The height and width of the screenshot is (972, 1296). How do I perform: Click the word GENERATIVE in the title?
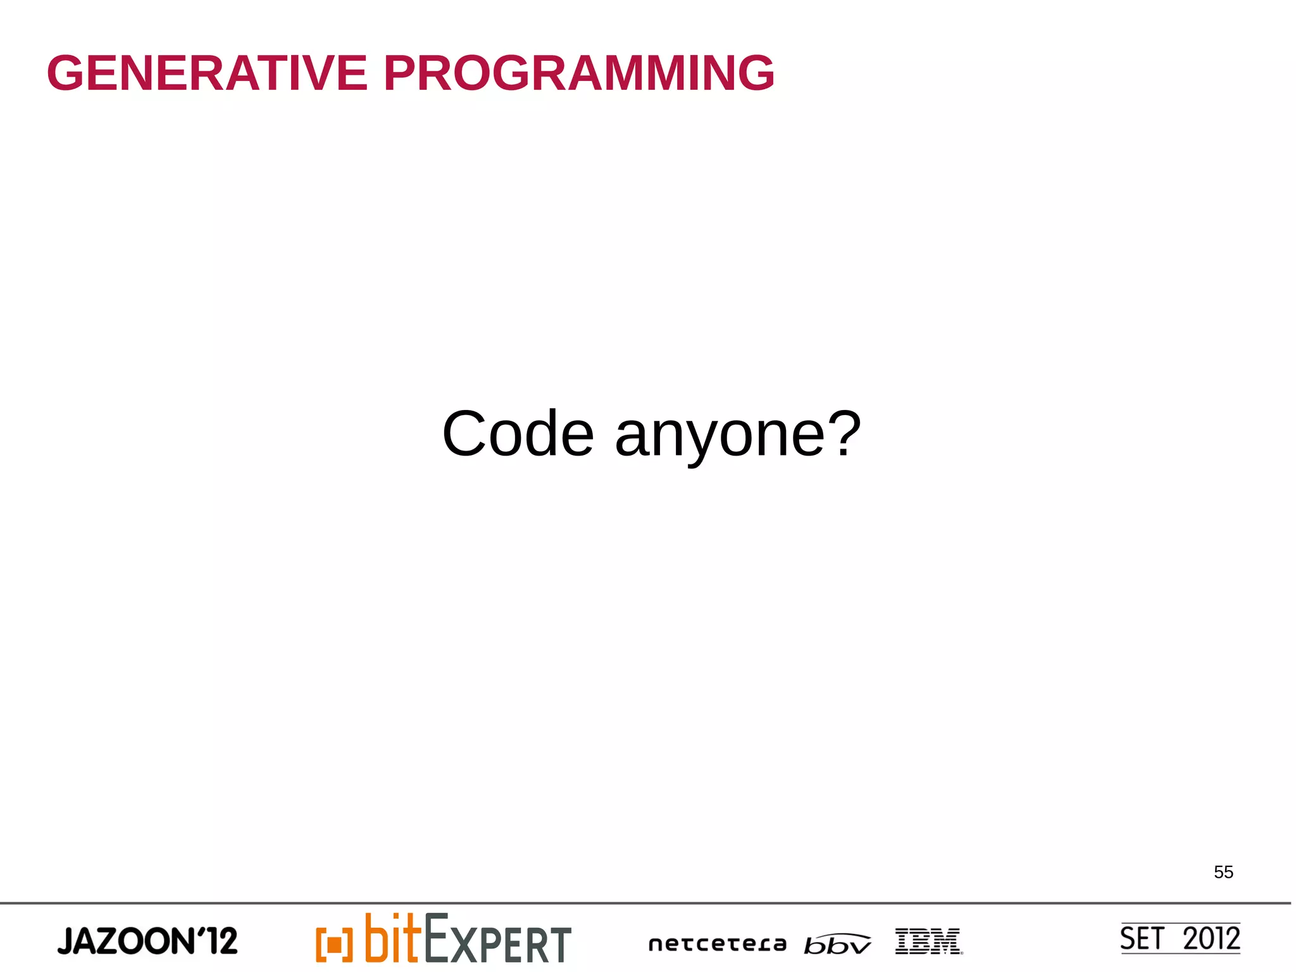pos(207,73)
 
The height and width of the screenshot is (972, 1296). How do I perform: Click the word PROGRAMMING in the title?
pos(578,73)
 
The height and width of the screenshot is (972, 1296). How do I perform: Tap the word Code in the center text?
pos(518,434)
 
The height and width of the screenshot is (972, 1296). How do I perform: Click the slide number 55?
pos(1223,872)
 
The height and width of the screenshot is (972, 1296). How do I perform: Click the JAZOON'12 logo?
pos(147,941)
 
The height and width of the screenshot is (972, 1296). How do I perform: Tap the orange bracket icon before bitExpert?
pos(333,944)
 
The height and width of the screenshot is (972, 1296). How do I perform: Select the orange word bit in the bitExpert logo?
pos(392,938)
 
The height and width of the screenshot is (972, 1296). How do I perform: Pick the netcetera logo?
pos(717,944)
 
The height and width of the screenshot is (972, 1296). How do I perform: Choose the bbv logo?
pos(837,944)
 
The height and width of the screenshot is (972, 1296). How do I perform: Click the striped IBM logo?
pos(928,941)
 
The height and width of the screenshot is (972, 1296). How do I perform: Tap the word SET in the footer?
pos(1142,938)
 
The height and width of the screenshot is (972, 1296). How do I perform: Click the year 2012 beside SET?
pos(1211,938)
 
